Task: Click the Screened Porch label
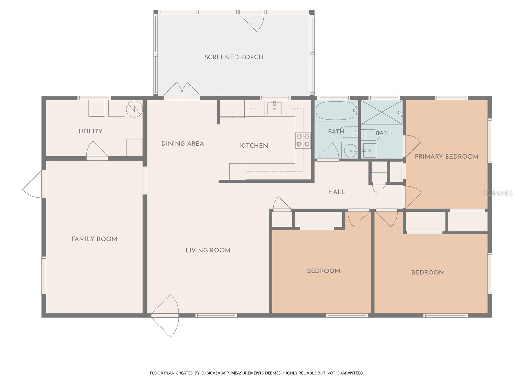coord(234,57)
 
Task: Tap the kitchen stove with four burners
coord(303,140)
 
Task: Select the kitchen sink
coord(274,109)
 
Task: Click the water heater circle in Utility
coord(134,109)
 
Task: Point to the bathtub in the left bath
coord(336,111)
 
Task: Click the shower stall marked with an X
coord(382,112)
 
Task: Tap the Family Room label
coord(94,239)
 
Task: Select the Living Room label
coord(208,250)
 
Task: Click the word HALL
coord(337,192)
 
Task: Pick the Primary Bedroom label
coord(447,157)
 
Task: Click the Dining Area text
coord(182,144)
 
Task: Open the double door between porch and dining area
coord(182,90)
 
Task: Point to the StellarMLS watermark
coord(498,193)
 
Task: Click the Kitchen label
coord(254,146)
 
